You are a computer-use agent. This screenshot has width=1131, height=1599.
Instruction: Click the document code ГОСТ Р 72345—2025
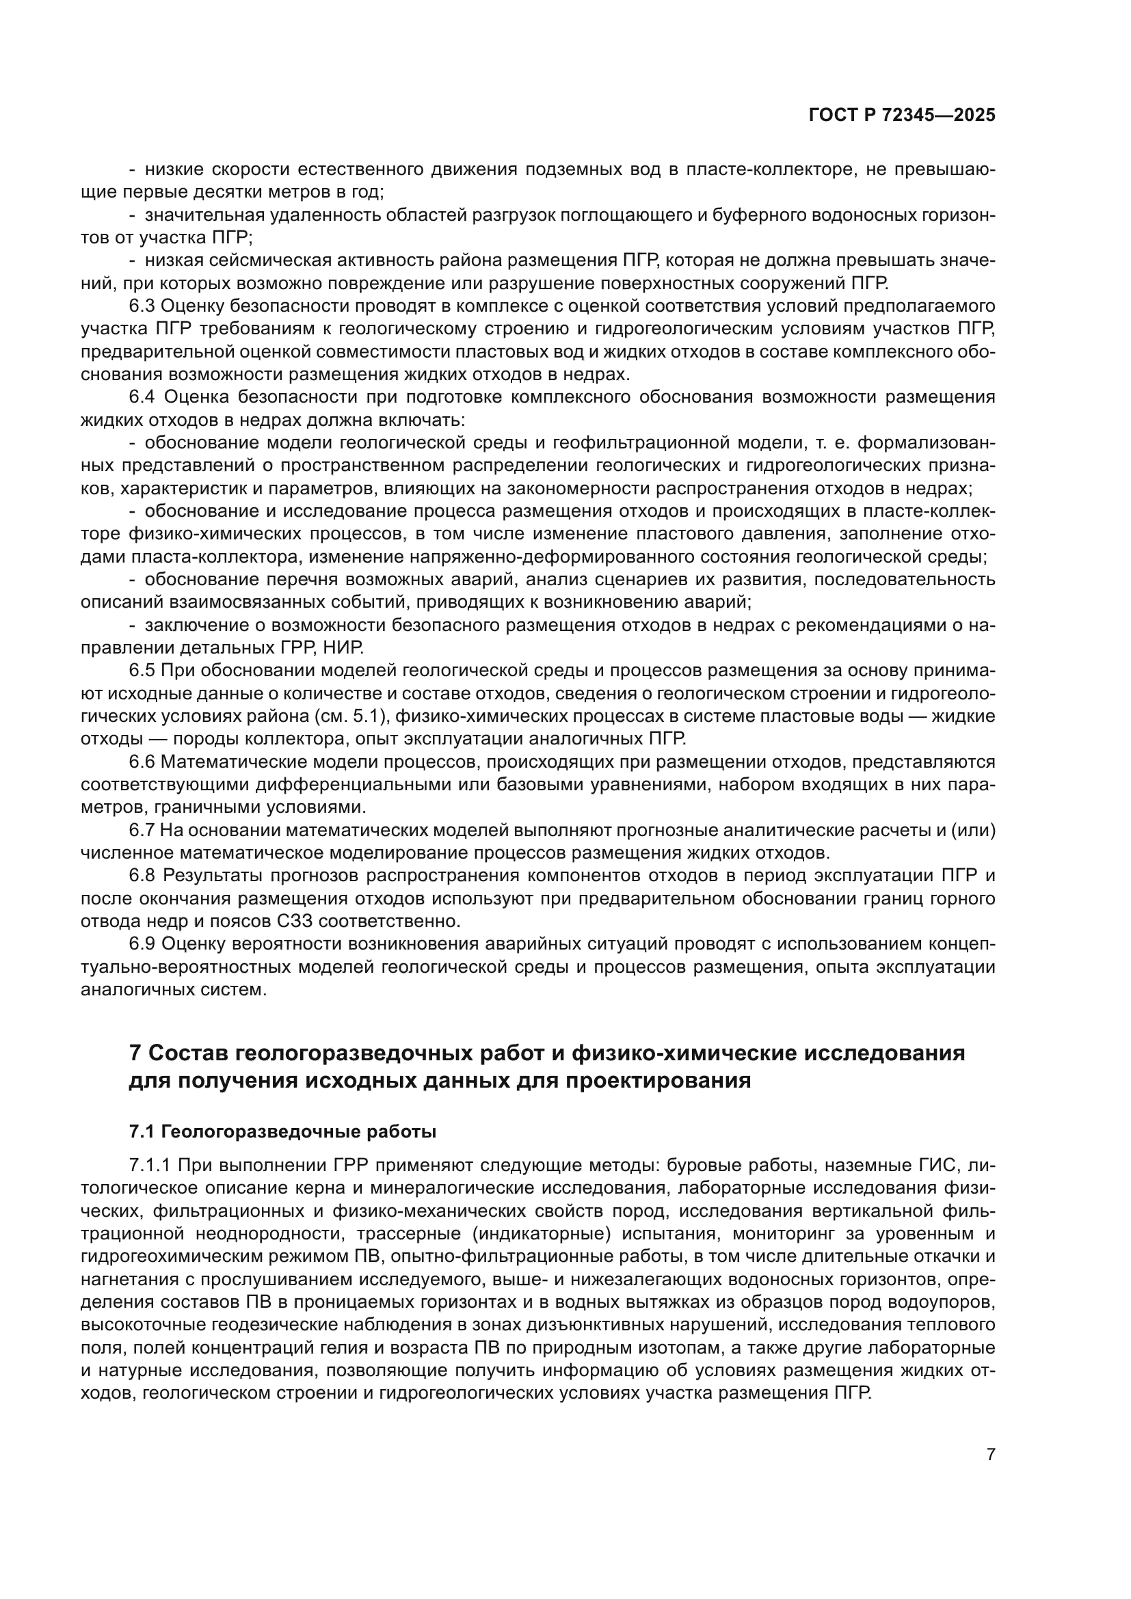click(902, 116)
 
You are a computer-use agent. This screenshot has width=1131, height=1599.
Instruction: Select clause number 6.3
click(143, 306)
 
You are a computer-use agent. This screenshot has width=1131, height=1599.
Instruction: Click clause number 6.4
click(143, 398)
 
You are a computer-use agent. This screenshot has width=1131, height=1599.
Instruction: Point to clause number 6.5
click(143, 671)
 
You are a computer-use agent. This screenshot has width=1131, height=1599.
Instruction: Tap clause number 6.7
click(143, 830)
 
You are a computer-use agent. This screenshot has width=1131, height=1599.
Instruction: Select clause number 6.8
click(143, 876)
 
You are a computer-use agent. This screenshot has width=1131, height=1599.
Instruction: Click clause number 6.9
click(143, 943)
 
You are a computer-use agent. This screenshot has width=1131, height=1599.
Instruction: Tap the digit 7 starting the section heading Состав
click(135, 1053)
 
